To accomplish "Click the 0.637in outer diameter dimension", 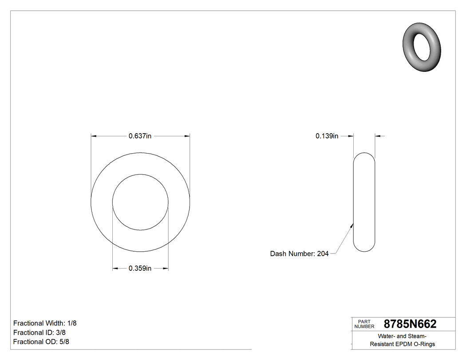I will tap(140, 136).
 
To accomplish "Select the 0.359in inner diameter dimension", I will tap(140, 268).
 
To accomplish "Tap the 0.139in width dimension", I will tap(327, 136).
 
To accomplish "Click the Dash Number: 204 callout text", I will tap(299, 254).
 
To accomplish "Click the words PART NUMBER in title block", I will tap(364, 324).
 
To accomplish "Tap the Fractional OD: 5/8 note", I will tap(41, 342).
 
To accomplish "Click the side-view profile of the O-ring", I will tap(364, 202).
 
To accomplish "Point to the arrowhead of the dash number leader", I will tap(352, 225).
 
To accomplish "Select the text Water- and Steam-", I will tap(402, 336).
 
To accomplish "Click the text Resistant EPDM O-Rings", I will tap(402, 344).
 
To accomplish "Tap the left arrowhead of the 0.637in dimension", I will tap(94, 136).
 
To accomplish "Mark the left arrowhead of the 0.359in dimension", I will tap(115, 268).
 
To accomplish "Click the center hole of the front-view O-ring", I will tap(140, 202).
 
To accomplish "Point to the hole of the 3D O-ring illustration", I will tap(422, 47).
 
